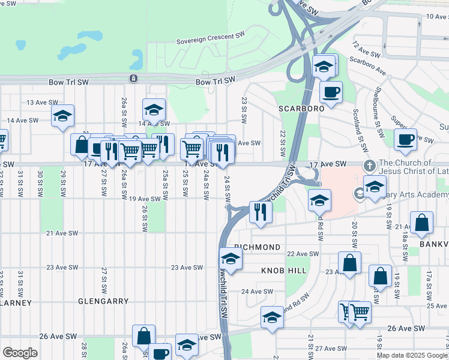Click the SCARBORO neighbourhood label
tap(301, 109)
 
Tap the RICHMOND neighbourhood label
tap(258, 247)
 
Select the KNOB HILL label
tap(283, 271)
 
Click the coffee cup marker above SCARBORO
tap(331, 92)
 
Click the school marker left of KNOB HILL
tap(230, 259)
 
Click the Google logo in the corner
tap(20, 353)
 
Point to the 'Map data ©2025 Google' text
tap(411, 355)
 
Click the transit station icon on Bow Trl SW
tap(133, 79)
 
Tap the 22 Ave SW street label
tap(302, 254)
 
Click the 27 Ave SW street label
tap(331, 348)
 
